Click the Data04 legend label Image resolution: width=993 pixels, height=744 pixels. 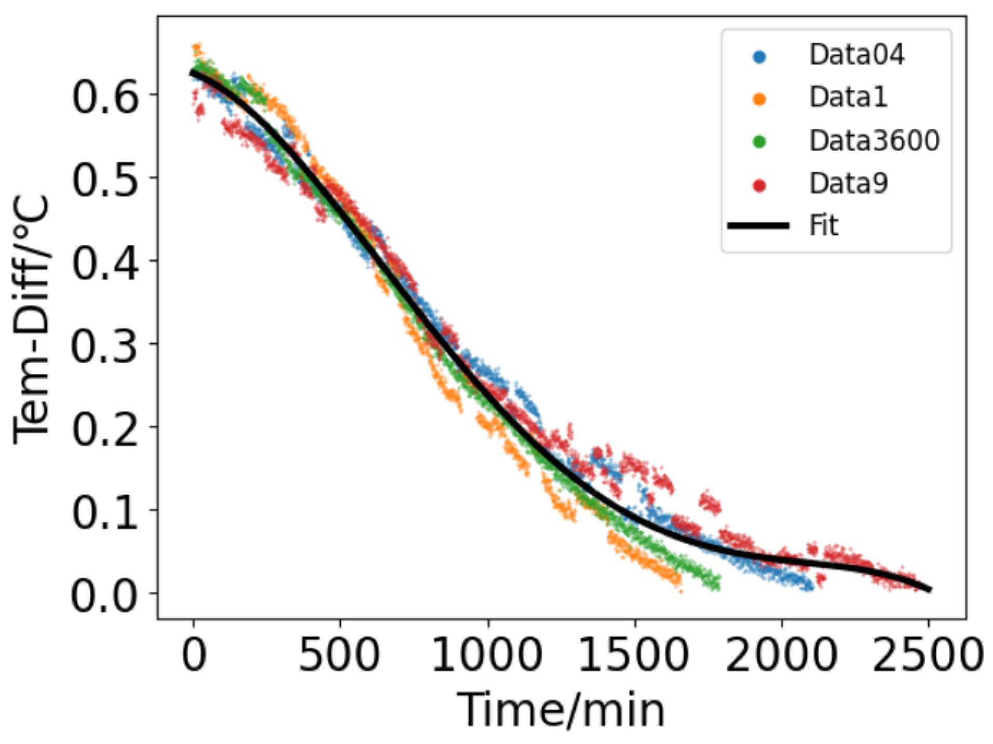coord(856,55)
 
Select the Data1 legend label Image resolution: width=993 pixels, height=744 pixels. coord(848,98)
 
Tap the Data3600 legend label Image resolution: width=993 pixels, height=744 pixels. coord(874,141)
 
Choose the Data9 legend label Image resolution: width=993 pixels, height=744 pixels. coord(848,184)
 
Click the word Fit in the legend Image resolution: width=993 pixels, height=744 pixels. coord(824,226)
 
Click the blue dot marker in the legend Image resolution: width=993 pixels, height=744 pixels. coord(759,57)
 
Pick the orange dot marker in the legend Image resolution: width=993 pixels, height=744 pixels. coord(759,99)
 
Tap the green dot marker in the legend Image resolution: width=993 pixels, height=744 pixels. coord(759,142)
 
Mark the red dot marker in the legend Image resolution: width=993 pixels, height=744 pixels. coord(759,185)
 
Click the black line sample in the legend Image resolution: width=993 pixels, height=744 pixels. coord(758,226)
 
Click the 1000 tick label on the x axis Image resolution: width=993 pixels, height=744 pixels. coord(487,655)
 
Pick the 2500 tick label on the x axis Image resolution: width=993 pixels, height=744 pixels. coord(928,655)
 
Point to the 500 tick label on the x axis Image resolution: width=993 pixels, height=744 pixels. coord(339,655)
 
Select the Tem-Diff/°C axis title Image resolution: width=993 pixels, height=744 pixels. coord(31,319)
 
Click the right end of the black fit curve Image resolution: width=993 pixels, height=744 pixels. coord(929,589)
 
